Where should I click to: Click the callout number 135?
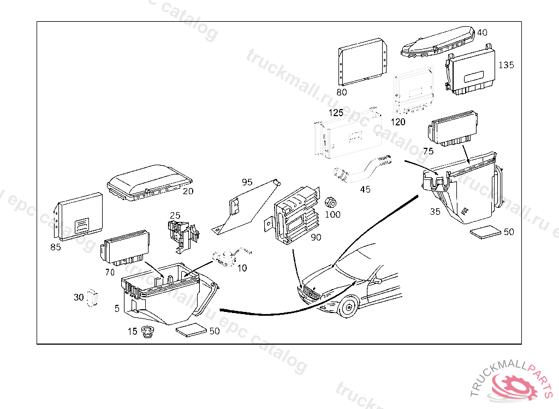pyautogui.click(x=506, y=65)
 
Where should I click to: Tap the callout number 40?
pyautogui.click(x=482, y=32)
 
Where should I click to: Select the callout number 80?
pyautogui.click(x=342, y=92)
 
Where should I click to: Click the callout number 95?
pyautogui.click(x=247, y=182)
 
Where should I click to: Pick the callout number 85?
pyautogui.click(x=55, y=246)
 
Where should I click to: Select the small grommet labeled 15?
pyautogui.click(x=146, y=332)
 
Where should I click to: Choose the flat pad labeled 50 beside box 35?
pyautogui.click(x=486, y=232)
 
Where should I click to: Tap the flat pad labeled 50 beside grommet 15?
pyautogui.click(x=192, y=330)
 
